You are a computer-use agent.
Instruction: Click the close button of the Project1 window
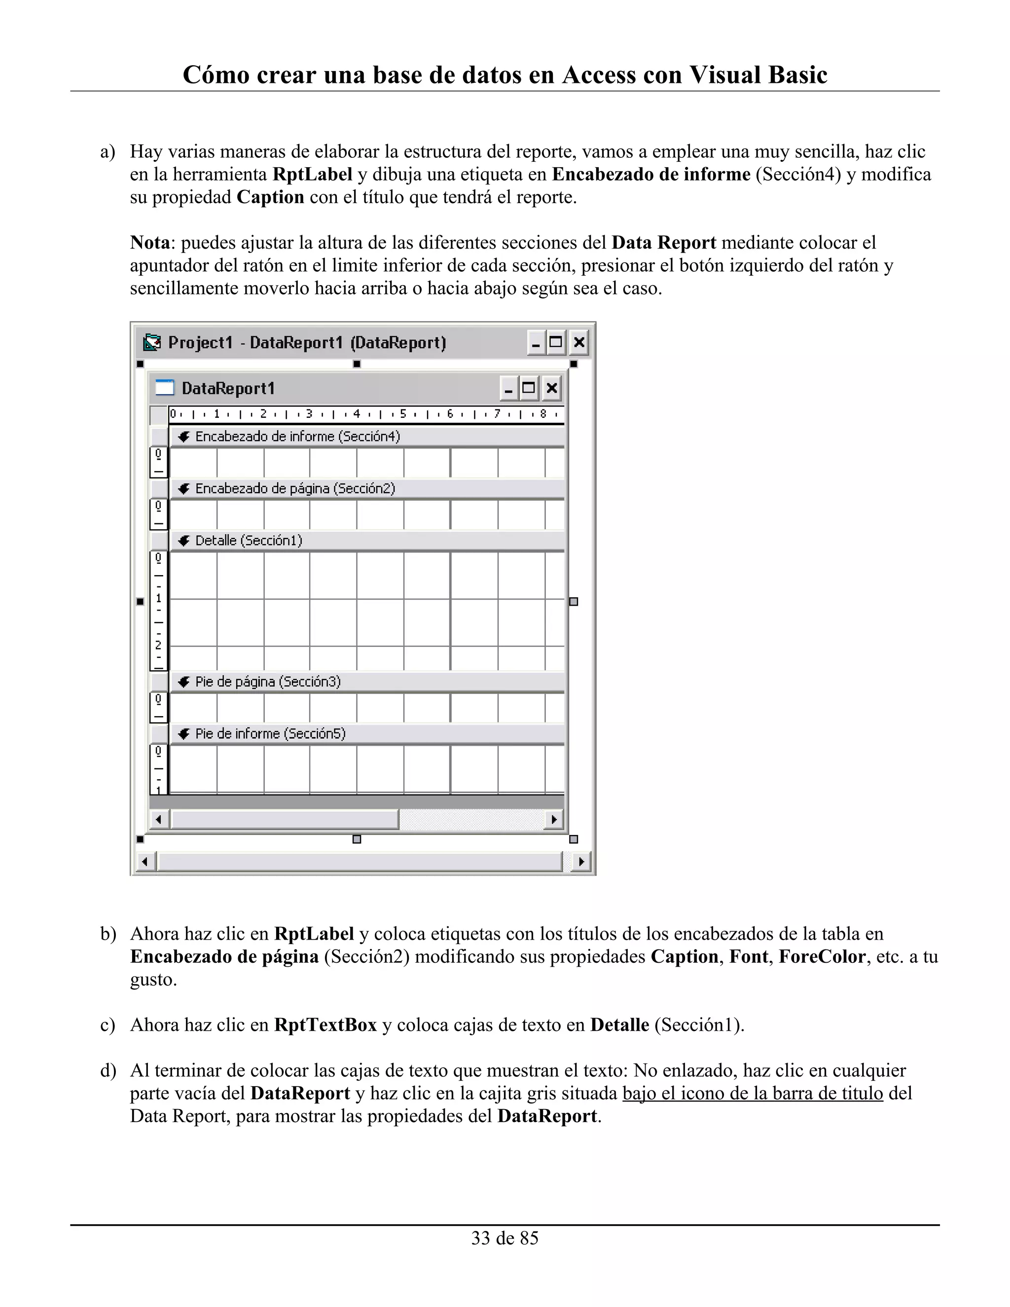click(x=578, y=343)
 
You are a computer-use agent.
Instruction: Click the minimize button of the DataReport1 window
click(x=508, y=389)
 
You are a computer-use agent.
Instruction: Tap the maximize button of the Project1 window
click(x=556, y=343)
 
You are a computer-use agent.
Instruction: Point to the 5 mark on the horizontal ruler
click(x=403, y=413)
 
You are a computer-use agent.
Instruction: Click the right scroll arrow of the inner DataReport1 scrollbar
click(x=554, y=819)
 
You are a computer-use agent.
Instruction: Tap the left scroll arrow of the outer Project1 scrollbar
click(x=144, y=862)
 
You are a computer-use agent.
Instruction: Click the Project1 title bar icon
click(x=152, y=343)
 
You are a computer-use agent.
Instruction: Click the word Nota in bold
click(x=149, y=243)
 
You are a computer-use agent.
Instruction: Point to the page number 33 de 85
click(x=505, y=1238)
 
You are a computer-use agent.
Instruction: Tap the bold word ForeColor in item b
click(x=822, y=957)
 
